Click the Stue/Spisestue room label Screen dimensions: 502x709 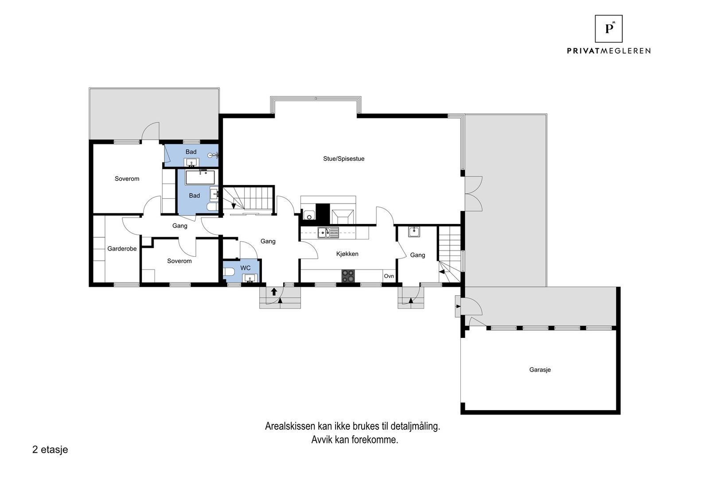343,159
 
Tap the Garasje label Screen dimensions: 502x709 540,369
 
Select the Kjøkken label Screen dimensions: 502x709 347,254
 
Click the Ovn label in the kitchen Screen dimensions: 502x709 389,276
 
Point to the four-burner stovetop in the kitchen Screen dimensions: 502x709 348,276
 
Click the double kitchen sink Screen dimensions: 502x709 328,232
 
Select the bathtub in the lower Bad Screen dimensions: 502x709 200,178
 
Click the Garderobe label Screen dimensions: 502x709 122,249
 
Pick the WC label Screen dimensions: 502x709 245,268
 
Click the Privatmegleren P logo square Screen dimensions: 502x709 608,29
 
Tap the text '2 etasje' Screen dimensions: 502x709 50,449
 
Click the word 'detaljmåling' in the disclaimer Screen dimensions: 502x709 415,426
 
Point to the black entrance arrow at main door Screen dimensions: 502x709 274,291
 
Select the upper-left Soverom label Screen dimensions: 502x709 127,179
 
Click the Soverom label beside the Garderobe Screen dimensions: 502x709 179,261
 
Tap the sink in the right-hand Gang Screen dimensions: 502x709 414,231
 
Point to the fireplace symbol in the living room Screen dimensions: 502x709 343,216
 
